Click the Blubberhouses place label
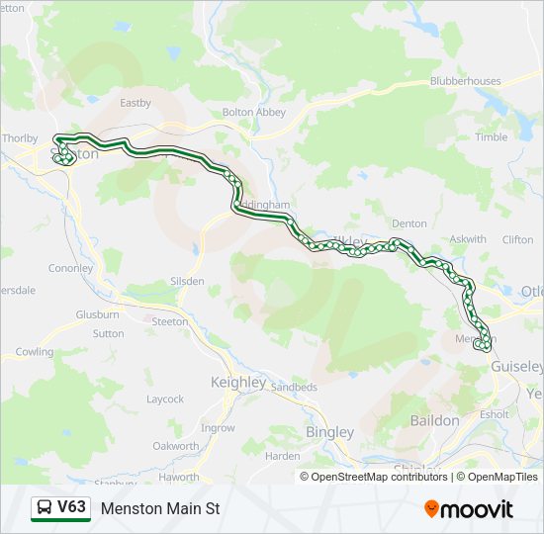coord(466,82)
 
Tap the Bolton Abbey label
coord(253,113)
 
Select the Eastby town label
coord(135,102)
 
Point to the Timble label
coord(491,137)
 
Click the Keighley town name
coord(238,383)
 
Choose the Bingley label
coord(329,432)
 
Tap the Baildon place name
coord(434,420)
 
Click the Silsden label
coord(187,282)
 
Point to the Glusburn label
coord(97,314)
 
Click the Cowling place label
coord(35,352)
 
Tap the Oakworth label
coord(176,446)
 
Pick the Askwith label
coord(468,239)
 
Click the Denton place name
coord(408,224)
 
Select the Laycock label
coord(165,400)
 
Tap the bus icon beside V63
coord(45,509)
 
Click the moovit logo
coord(468,509)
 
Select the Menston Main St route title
coord(159,509)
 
